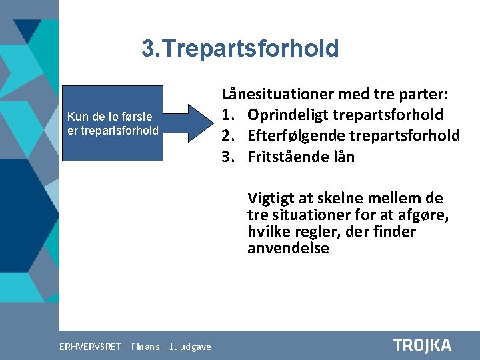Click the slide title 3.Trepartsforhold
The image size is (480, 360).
(x=240, y=49)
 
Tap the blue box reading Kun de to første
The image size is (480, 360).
(x=113, y=123)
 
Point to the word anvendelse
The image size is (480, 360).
(x=288, y=249)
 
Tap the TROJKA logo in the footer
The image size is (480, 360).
(x=422, y=345)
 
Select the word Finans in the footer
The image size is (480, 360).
(x=145, y=347)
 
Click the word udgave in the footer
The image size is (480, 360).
(x=195, y=347)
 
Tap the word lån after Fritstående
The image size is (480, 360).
(x=343, y=157)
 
